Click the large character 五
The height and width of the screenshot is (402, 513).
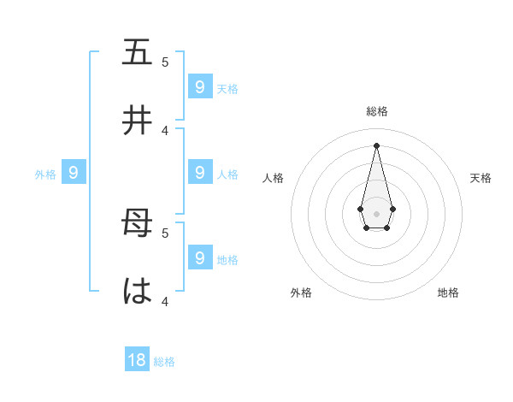137,53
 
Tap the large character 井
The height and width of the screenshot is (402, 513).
137,121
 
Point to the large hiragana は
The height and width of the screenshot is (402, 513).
137,293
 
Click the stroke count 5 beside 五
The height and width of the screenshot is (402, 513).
165,62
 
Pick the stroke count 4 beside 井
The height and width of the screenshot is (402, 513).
165,130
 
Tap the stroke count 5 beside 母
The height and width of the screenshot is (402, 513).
165,232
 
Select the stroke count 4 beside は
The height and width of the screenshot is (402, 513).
165,301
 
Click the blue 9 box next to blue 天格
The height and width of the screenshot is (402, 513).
199,86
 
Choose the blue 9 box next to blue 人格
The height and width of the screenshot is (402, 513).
199,173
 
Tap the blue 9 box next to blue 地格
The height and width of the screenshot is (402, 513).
199,257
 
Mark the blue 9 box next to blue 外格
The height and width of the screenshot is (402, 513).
74,173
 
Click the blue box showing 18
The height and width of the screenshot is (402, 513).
137,360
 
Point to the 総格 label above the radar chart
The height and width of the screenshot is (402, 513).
377,111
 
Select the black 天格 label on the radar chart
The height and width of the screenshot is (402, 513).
481,178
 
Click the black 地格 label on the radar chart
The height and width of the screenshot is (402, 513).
448,293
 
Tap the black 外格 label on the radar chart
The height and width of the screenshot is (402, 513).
301,293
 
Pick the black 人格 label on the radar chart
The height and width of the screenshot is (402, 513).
273,178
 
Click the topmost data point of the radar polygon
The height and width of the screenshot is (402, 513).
376,145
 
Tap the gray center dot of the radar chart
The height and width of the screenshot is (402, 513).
376,213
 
